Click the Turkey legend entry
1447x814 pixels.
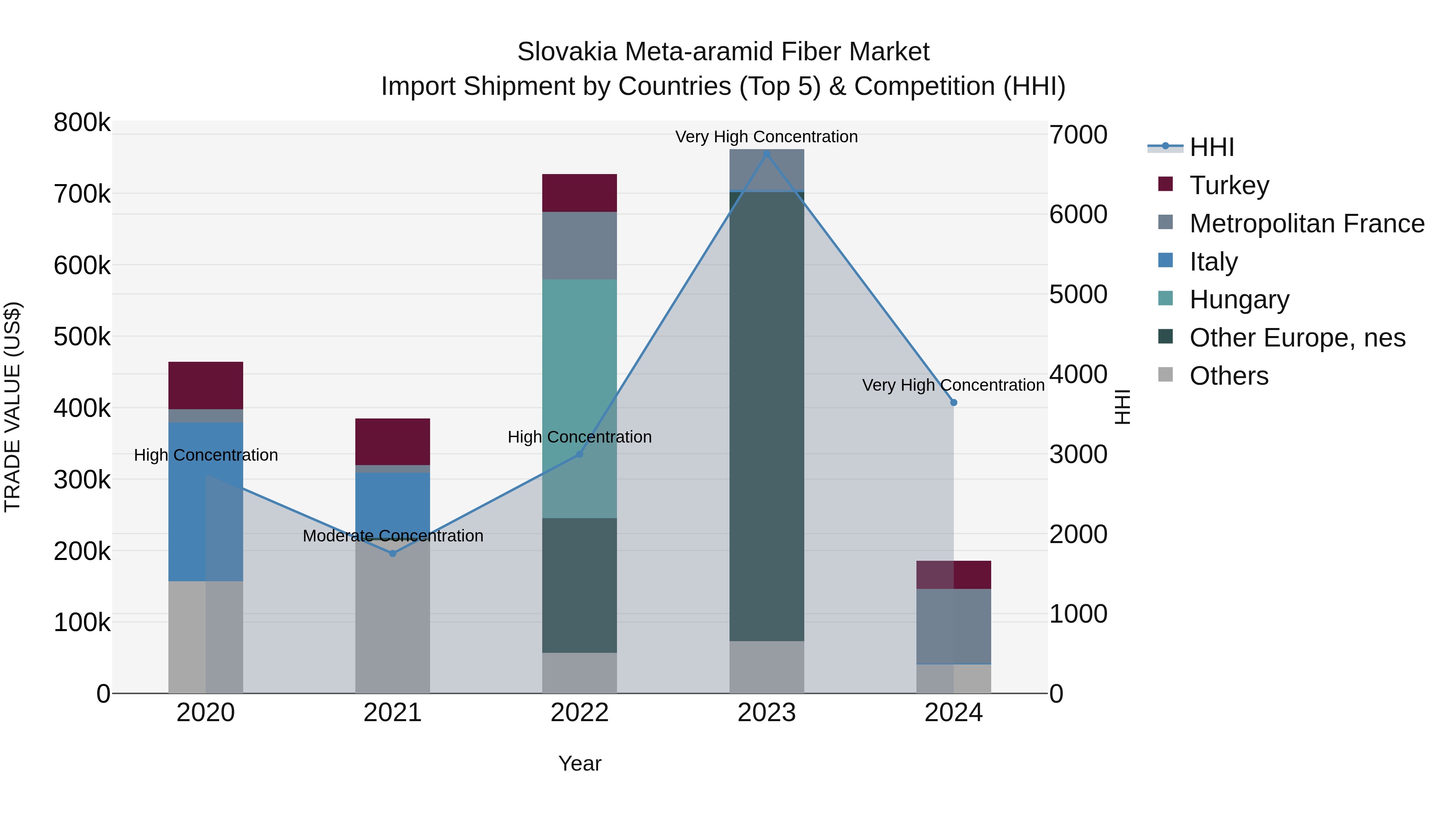pos(1229,185)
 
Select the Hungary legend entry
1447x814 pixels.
pos(1239,299)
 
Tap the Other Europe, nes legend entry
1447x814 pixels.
pos(1297,338)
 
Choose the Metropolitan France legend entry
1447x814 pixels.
pos(1307,223)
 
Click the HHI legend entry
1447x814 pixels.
pos(1211,147)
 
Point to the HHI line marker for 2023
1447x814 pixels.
pos(767,154)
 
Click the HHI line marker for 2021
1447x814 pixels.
pos(393,554)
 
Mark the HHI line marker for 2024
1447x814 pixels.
pos(953,403)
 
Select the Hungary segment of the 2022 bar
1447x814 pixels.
pos(579,393)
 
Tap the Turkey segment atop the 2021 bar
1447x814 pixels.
pos(393,441)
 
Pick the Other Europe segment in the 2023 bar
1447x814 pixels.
pos(767,416)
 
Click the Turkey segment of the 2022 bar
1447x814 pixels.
pos(579,193)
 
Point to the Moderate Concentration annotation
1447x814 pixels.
pos(393,536)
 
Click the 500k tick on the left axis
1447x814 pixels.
pos(82,337)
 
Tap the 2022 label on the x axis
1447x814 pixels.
pos(579,713)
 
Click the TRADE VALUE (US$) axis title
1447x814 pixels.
pos(12,407)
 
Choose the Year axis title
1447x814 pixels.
pos(580,763)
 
